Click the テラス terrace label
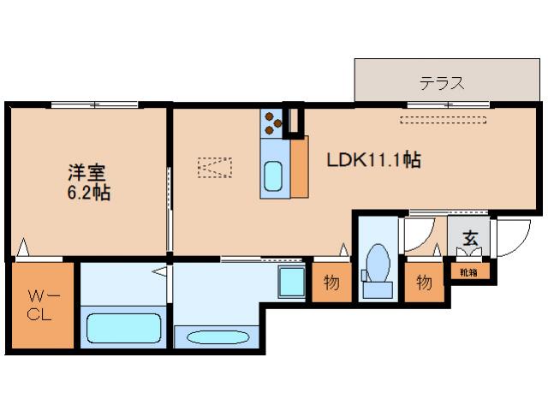point(442,83)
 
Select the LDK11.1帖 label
point(374,159)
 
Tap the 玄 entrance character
point(470,238)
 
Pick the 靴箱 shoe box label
point(468,273)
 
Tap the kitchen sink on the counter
point(273,176)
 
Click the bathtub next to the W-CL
point(125,328)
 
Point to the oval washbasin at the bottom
point(217,337)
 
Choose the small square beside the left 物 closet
point(291,280)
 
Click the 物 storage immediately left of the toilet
point(330,283)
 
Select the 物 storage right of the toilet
point(424,283)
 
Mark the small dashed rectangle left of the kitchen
point(214,166)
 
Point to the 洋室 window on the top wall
point(94,104)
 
